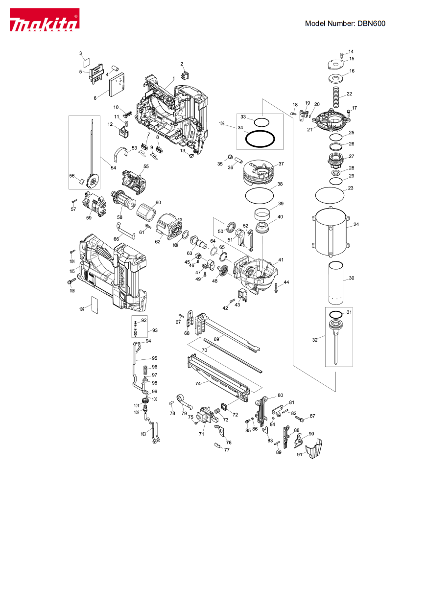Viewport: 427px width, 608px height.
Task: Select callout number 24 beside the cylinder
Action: (356, 225)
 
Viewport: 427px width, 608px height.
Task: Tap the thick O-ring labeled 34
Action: (260, 139)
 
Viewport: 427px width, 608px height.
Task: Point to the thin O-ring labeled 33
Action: (261, 121)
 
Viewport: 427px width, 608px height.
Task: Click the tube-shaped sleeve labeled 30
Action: (335, 282)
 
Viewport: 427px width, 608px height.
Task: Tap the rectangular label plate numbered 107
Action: (95, 305)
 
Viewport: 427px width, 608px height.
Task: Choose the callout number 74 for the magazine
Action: (198, 384)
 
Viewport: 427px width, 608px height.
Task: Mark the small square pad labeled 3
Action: (86, 62)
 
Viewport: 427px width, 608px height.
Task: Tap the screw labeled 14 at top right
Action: (340, 53)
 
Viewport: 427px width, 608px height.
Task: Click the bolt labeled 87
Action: (300, 419)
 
